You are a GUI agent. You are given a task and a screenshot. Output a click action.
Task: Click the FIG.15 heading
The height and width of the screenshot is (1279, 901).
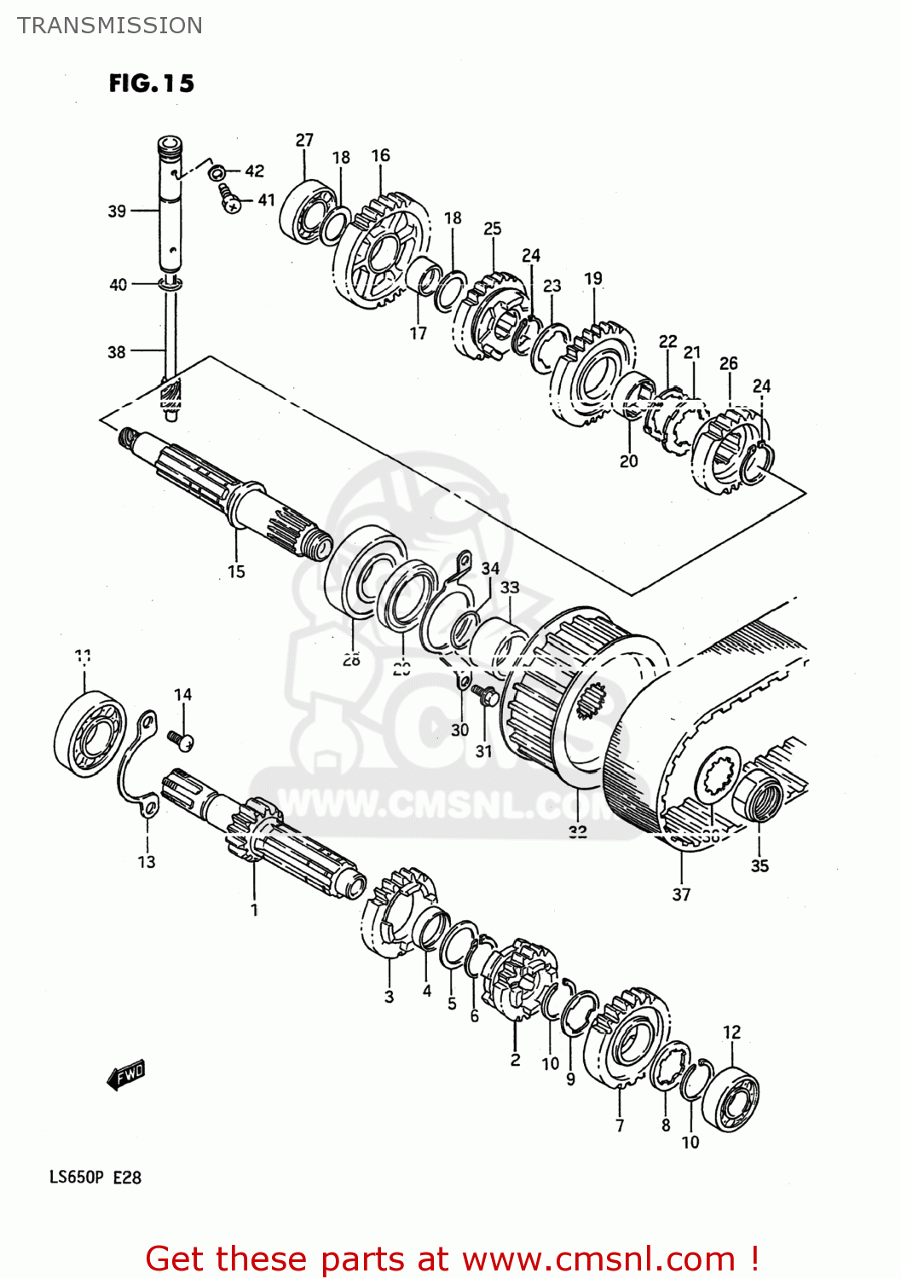151,83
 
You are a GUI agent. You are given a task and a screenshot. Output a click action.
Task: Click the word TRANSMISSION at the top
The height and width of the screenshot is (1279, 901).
110,26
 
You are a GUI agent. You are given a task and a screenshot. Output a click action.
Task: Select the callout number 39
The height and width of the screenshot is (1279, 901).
117,211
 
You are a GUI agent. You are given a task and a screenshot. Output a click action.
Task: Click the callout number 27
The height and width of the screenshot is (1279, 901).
304,140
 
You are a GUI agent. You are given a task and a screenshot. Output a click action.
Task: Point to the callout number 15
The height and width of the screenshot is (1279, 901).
236,571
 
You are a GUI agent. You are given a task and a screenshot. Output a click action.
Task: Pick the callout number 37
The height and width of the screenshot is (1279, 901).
681,894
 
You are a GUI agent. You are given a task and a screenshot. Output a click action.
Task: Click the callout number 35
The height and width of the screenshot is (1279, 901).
759,866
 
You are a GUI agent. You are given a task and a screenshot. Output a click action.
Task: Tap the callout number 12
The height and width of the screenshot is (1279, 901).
732,1032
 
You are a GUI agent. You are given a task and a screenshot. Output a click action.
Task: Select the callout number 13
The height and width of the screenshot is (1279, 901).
147,862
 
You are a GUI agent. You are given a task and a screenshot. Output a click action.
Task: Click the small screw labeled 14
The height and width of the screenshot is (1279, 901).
181,740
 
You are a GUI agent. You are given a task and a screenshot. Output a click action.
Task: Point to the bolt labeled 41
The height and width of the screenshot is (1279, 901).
229,200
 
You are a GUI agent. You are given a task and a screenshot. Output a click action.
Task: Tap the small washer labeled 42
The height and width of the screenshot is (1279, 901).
217,172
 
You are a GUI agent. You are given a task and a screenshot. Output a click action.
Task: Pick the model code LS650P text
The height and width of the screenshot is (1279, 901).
76,1178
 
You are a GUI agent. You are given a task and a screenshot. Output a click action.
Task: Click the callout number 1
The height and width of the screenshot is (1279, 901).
254,910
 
